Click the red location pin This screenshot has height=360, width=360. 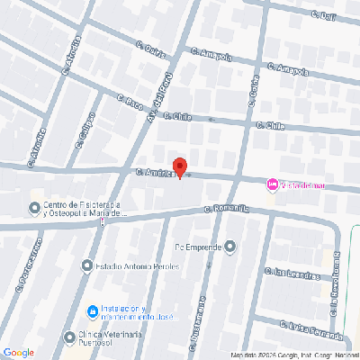tap(179, 167)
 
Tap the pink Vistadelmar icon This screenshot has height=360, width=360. tap(272, 184)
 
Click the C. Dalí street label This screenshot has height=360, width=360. tap(323, 14)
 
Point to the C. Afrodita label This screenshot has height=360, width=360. tap(73, 53)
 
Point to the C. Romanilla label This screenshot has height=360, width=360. tap(225, 211)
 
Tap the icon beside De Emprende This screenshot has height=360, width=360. tap(231, 245)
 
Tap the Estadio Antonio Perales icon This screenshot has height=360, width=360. tap(86, 265)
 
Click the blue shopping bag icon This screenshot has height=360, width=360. tap(91, 312)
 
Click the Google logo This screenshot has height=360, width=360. tap(18, 352)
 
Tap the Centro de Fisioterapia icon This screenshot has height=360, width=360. tap(35, 210)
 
